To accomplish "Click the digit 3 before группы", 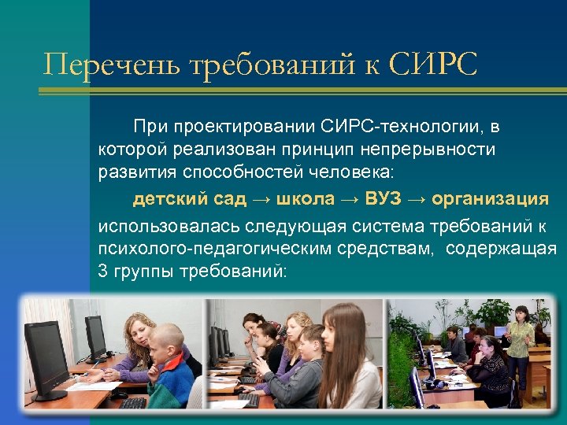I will coord(103,272).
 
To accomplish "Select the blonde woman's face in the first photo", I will coord(140,329).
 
